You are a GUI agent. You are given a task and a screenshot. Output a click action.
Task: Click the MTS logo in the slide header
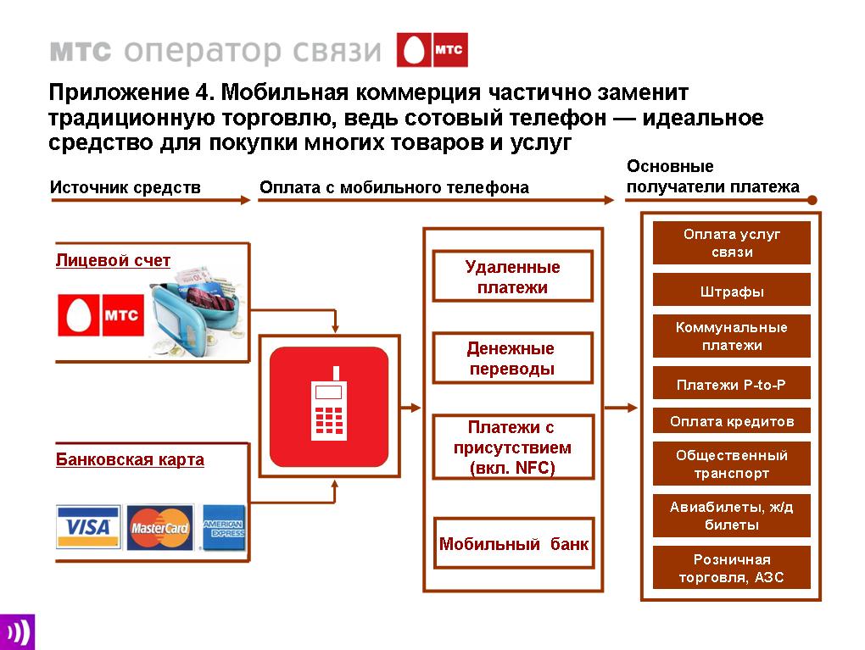coord(432,50)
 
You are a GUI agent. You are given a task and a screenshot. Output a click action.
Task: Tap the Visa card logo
coord(88,526)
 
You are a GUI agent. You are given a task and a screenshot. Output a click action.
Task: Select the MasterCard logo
coord(160,527)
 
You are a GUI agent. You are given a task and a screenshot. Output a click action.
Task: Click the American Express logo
coord(223,528)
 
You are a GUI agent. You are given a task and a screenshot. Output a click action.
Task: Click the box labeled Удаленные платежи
coord(512,276)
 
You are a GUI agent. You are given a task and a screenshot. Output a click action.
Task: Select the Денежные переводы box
coord(512,358)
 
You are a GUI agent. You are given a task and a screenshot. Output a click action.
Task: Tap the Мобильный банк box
coord(514,543)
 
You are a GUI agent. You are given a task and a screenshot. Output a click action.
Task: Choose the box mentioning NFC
coord(513,447)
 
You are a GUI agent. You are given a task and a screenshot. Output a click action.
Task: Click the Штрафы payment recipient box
coord(732,291)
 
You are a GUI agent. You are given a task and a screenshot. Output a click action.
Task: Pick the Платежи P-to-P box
coord(732,384)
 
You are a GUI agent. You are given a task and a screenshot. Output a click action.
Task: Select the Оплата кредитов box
coord(732,421)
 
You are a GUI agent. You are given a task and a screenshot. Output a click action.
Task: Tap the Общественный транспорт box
coord(732,464)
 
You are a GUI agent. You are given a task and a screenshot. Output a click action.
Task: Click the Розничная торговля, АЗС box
coord(732,568)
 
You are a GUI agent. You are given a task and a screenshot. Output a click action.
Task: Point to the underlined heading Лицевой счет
coord(113,260)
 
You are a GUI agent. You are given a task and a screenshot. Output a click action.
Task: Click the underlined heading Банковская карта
coord(130,459)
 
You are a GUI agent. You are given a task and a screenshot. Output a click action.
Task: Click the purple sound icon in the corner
coord(17,632)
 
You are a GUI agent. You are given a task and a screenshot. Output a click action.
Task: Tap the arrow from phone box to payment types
coord(410,408)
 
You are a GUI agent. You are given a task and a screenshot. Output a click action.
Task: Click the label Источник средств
coord(126,187)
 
